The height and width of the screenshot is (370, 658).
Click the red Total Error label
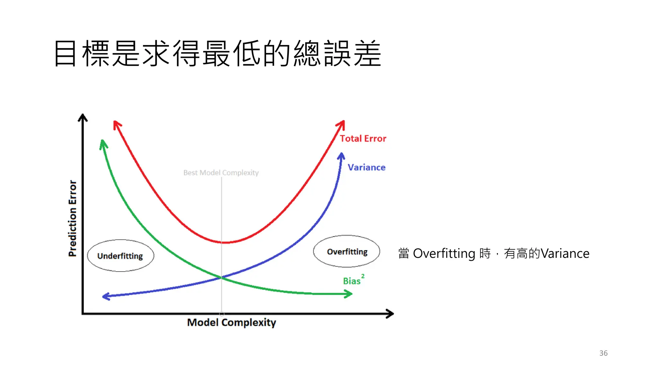click(363, 138)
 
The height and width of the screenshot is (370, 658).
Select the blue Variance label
click(367, 167)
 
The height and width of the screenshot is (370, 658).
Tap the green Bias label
click(352, 281)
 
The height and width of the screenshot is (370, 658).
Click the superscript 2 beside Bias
click(363, 276)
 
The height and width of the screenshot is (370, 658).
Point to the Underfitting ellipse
click(120, 256)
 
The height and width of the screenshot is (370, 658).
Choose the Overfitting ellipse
click(347, 251)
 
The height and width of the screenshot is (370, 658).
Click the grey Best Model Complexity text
click(221, 173)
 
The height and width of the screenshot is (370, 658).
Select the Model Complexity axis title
click(232, 322)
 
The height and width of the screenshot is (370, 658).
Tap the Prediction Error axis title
click(73, 218)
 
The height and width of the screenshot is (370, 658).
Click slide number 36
click(603, 353)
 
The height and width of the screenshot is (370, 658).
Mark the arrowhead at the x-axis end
click(390, 313)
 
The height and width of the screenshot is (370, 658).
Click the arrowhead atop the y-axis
click(83, 118)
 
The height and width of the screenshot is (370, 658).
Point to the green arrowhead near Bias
click(348, 294)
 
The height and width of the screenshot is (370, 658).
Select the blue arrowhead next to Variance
click(341, 156)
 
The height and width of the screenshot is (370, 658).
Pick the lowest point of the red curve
click(225, 242)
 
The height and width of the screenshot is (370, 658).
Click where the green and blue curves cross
click(221, 277)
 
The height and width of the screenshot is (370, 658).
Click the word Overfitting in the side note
click(444, 254)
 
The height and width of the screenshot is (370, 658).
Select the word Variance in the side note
click(565, 254)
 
